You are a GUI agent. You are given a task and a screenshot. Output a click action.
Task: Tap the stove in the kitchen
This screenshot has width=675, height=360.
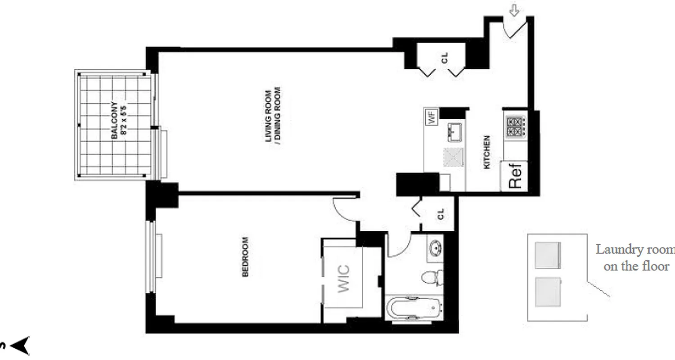[x=514, y=126]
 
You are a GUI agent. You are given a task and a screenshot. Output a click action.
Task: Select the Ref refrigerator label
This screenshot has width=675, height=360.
[x=515, y=175]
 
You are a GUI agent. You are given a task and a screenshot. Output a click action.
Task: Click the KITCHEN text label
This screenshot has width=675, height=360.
[x=487, y=153]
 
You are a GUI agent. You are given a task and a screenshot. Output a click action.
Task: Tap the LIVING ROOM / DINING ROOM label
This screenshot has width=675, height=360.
[x=273, y=117]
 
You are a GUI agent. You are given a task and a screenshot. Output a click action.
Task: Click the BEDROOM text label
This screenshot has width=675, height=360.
[x=246, y=257]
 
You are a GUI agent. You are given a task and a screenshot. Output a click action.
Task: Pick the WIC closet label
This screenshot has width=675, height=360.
[x=343, y=279]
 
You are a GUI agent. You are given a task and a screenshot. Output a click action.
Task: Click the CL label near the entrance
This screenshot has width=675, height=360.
[x=445, y=58]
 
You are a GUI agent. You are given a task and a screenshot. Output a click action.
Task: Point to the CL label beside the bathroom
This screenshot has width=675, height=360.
[x=441, y=214]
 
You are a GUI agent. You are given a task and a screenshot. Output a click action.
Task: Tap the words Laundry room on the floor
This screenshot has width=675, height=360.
[x=635, y=258]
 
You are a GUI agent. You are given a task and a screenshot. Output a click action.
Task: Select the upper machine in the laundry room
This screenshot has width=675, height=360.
[x=548, y=255]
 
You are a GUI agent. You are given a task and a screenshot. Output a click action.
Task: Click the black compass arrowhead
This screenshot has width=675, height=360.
[x=20, y=346]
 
